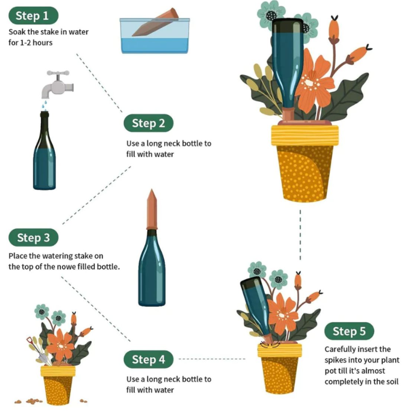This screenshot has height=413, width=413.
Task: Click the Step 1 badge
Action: (x=33, y=16)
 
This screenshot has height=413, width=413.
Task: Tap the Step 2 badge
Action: (x=149, y=123)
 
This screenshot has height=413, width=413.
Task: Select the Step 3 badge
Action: (x=33, y=237)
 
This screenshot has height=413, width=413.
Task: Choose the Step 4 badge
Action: (x=149, y=359)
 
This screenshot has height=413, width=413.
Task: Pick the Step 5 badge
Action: (x=349, y=331)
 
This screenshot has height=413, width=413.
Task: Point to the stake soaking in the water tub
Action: (x=155, y=22)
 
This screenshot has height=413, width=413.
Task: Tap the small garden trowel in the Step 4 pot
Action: (x=37, y=349)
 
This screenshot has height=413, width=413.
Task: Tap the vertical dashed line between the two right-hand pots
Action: (x=300, y=235)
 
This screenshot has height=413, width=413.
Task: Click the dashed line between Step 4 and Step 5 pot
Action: (x=212, y=359)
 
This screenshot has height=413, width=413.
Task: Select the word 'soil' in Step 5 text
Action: (x=392, y=382)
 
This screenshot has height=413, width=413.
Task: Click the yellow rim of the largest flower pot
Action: (x=305, y=136)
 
